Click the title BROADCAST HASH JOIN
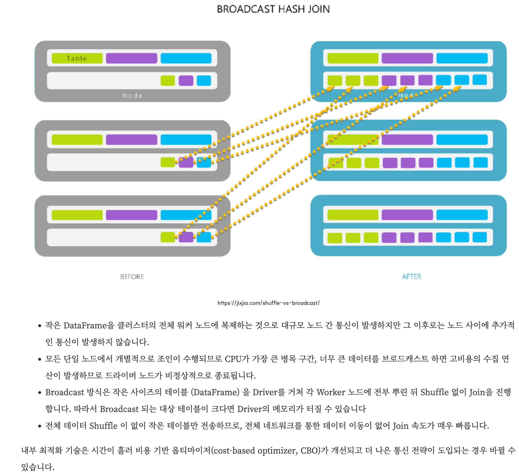[273, 9]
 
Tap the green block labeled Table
[77, 58]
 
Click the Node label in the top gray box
[132, 96]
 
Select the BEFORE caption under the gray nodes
[132, 277]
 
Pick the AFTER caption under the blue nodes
[411, 277]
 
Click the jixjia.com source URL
[269, 303]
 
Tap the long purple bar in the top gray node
[132, 58]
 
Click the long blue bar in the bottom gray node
[186, 215]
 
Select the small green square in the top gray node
[168, 81]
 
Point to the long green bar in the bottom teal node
[353, 215]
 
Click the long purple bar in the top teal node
[407, 58]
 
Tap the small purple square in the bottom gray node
[186, 237]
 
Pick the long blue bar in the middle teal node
[462, 140]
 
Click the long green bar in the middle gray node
[77, 140]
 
